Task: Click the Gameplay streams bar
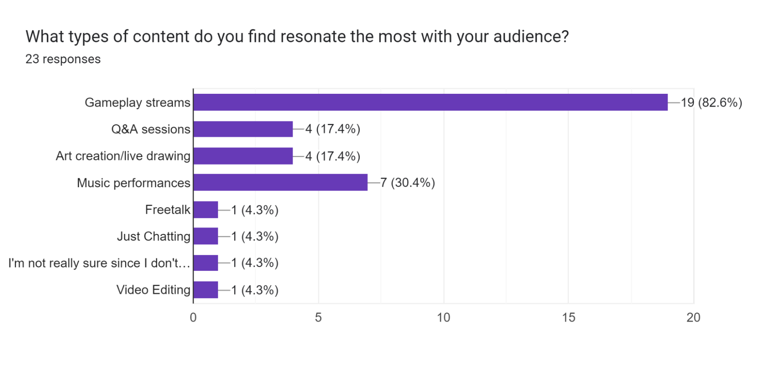coord(430,102)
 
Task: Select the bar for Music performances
coord(280,182)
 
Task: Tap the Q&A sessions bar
coord(243,129)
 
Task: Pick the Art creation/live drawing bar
coord(243,156)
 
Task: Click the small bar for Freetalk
coord(206,210)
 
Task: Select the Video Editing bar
coord(206,290)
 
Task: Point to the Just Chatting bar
coord(206,236)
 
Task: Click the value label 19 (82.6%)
coord(711,103)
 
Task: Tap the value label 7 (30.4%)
coord(408,183)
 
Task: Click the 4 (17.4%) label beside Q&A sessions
coord(332,129)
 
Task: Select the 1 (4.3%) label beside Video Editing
coord(255,290)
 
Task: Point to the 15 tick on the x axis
coord(569,318)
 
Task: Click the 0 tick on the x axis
coord(193,318)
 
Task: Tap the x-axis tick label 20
coord(693,318)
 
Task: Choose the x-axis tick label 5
coord(318,318)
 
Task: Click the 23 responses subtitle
coord(63,59)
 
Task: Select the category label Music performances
coord(133,183)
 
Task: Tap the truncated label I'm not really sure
coord(99,263)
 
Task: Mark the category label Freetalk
coord(167,210)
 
